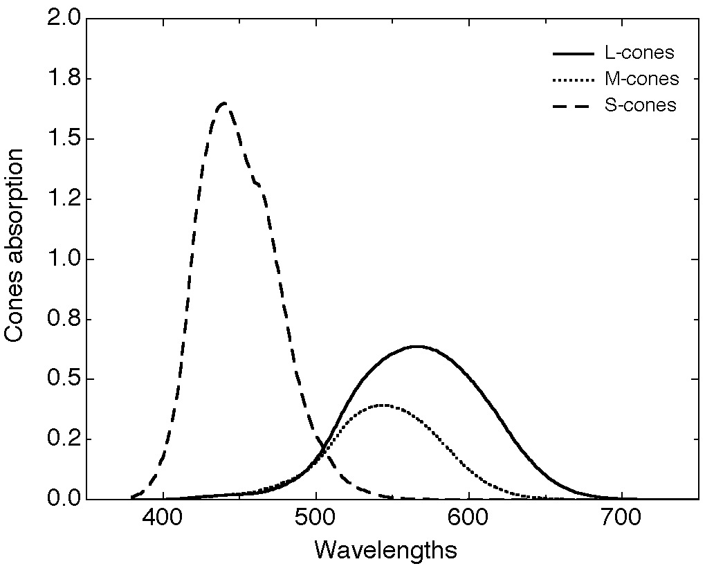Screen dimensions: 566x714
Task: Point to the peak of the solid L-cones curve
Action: (x=416, y=346)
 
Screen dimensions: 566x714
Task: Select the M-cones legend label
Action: (x=641, y=79)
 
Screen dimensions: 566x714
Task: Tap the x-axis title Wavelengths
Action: (x=385, y=550)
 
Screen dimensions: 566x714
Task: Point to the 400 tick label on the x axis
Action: (x=163, y=519)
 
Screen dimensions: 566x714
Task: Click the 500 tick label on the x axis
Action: (x=315, y=519)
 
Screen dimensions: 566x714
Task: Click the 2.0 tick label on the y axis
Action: (x=62, y=19)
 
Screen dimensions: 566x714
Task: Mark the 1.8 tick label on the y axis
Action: (x=62, y=79)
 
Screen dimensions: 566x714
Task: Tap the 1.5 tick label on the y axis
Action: (x=62, y=139)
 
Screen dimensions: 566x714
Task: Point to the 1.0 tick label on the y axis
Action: (x=62, y=259)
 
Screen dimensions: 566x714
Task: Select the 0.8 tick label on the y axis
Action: (x=62, y=320)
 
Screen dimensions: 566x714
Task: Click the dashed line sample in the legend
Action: (x=573, y=107)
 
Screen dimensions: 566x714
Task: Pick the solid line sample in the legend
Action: (x=573, y=53)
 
